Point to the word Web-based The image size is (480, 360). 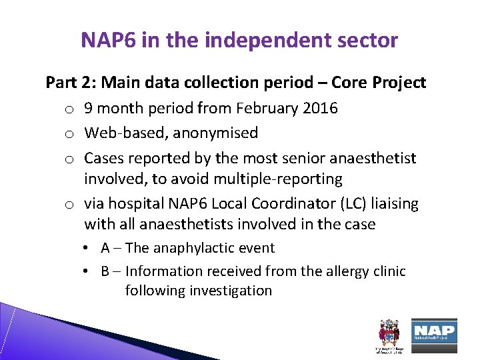126,133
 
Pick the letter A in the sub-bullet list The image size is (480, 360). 105,248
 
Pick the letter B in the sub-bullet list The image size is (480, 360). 105,271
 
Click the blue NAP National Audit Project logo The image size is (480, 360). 434,331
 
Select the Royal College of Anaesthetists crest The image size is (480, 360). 387,333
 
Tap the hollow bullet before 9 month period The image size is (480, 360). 69,109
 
